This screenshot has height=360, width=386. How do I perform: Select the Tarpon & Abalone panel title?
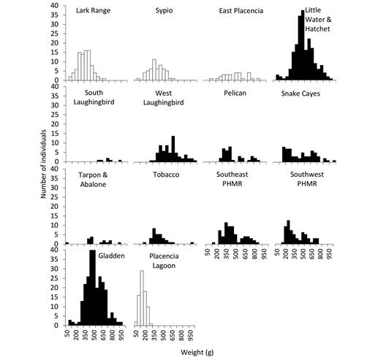[x=94, y=180]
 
